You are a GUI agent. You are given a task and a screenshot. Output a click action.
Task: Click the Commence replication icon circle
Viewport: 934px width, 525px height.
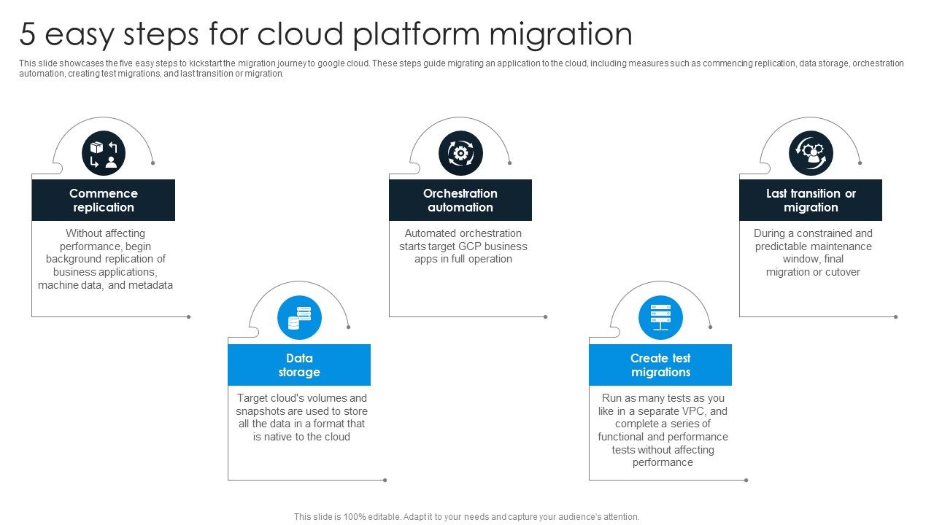(x=104, y=153)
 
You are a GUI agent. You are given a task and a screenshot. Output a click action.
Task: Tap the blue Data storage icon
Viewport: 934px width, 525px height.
(x=299, y=318)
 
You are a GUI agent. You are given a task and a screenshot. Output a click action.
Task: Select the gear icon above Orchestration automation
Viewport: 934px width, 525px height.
(x=460, y=153)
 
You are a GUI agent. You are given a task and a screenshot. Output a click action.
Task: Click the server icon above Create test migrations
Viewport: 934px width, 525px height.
(x=660, y=318)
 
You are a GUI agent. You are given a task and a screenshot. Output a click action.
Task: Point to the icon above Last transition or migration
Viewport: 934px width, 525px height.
(x=811, y=153)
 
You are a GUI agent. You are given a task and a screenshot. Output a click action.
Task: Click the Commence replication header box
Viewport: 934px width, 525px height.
(x=103, y=200)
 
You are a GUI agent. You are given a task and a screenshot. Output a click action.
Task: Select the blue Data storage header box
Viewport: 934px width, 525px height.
(x=299, y=365)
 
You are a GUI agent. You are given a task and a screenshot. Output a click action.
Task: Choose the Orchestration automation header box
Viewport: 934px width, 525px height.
(x=460, y=200)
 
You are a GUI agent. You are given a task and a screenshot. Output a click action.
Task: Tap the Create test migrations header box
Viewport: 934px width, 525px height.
(x=660, y=365)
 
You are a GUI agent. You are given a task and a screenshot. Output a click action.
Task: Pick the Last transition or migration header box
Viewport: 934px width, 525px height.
(x=811, y=200)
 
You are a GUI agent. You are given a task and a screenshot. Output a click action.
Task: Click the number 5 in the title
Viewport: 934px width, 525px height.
(x=27, y=34)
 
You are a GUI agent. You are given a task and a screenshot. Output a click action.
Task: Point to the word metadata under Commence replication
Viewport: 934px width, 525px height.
(x=150, y=285)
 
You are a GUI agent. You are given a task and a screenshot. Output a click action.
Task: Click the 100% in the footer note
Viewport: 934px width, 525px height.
(x=343, y=517)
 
